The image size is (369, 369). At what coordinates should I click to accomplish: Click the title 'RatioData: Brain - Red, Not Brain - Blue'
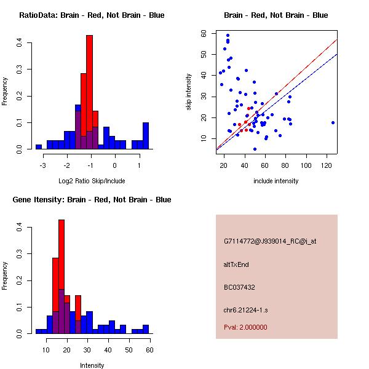click(x=92, y=15)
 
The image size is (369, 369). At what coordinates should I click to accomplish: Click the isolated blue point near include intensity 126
click(x=333, y=122)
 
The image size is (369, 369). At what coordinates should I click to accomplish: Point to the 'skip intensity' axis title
click(x=190, y=92)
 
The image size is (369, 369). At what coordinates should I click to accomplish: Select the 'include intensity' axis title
click(x=276, y=181)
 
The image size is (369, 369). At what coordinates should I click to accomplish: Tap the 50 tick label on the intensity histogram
click(x=129, y=349)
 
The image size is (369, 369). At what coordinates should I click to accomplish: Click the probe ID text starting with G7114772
click(x=270, y=242)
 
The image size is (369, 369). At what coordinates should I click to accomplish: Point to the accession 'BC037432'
click(x=239, y=287)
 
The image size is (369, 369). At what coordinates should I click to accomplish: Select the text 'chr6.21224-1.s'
click(x=244, y=309)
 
